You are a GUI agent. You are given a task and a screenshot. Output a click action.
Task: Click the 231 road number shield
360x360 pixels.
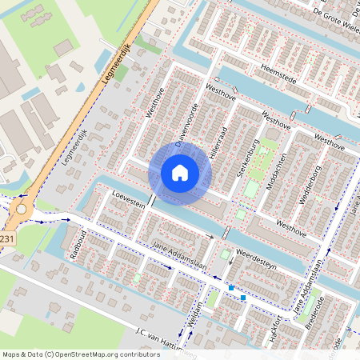click(6, 238)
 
